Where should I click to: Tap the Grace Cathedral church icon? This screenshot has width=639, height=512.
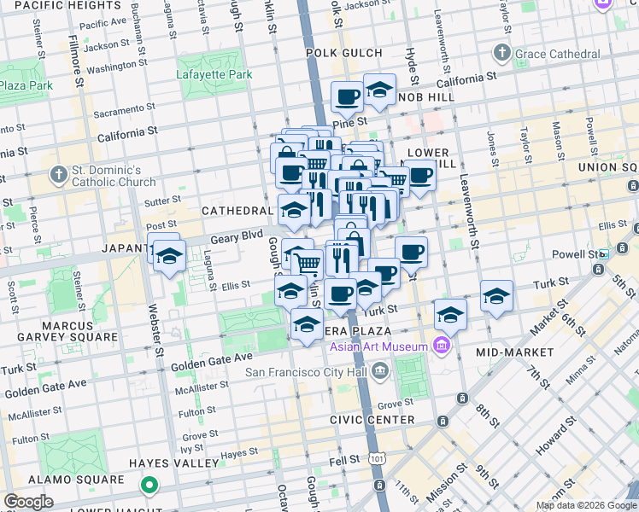502,55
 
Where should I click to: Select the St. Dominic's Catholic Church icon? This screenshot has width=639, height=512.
58,176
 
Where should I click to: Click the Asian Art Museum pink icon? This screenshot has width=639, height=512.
441,346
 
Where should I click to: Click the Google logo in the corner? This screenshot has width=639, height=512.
28,502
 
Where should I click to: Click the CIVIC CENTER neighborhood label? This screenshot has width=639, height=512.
372,420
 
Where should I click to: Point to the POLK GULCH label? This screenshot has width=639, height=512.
345,53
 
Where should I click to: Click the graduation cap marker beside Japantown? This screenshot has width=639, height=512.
170,256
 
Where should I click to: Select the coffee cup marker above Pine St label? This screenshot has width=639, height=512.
346,96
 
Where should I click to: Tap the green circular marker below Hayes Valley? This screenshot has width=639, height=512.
149,486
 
